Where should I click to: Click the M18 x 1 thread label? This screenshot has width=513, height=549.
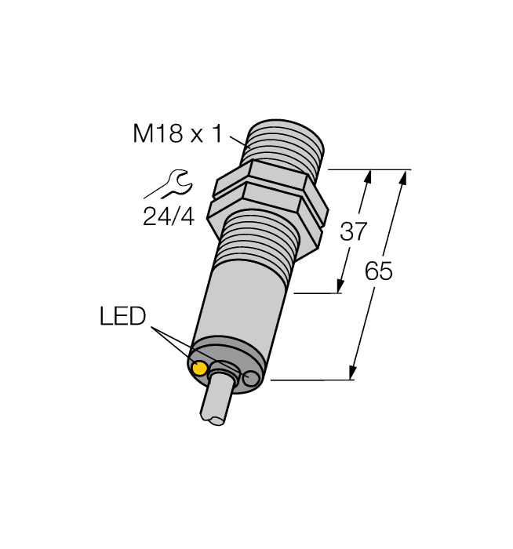pyautogui.click(x=177, y=134)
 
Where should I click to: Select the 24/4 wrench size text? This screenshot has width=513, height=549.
pyautogui.click(x=168, y=216)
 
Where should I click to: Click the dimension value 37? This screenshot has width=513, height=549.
pyautogui.click(x=353, y=231)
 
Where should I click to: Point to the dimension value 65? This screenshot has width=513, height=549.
pyautogui.click(x=379, y=271)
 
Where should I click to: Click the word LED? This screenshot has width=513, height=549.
pyautogui.click(x=123, y=317)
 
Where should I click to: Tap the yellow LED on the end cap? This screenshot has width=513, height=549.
pyautogui.click(x=200, y=369)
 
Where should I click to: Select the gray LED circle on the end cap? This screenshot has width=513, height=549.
pyautogui.click(x=251, y=380)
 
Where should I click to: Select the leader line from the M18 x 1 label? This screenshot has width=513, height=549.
pyautogui.click(x=238, y=140)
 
